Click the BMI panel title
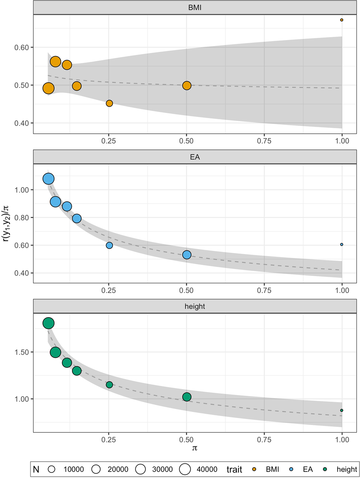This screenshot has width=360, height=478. point(195,7)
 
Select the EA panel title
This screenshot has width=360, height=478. point(195,157)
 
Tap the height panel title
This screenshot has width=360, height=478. point(195,306)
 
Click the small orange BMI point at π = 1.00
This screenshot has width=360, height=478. point(341,20)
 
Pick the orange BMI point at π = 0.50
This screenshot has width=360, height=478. point(187,86)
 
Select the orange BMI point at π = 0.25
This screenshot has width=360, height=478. point(109,103)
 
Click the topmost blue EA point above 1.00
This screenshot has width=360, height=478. point(49,179)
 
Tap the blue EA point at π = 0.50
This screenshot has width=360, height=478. point(187,255)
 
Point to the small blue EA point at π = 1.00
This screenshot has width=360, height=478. point(341,245)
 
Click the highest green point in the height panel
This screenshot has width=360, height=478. point(49,323)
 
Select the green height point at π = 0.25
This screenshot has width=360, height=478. point(109,385)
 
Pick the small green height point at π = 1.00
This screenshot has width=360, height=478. point(341,411)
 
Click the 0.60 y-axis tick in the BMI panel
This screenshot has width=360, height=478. point(22,47)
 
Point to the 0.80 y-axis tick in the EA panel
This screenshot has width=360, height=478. point(22,218)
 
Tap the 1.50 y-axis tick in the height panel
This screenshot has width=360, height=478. point(22,352)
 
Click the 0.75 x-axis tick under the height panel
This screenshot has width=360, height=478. point(264,439)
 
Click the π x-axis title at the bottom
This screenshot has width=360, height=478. point(195,448)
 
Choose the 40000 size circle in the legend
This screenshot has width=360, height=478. point(185,469)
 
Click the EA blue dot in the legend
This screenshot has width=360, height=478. point(291,469)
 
